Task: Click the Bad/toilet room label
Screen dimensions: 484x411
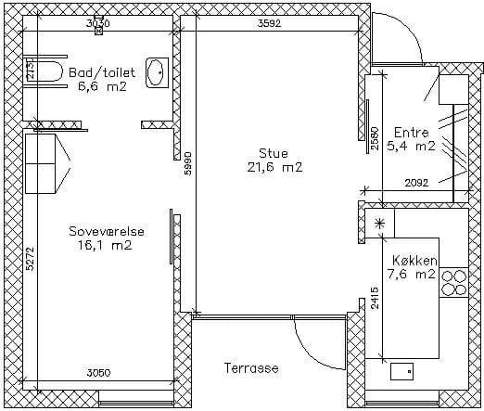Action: [x=102, y=72]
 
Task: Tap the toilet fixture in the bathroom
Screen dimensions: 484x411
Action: [x=45, y=71]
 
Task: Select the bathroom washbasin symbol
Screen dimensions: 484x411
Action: [x=157, y=72]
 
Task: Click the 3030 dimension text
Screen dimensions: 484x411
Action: [x=97, y=23]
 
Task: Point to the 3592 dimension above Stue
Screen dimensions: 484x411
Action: [x=270, y=23]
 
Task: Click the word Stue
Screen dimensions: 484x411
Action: [x=274, y=154]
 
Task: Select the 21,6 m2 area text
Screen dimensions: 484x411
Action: [x=274, y=167]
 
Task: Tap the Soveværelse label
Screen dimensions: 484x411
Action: [x=107, y=231]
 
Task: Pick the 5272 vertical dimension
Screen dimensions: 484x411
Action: [x=30, y=259]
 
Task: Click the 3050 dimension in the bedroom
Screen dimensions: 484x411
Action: [x=98, y=373]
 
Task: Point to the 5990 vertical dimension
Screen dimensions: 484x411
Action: [x=188, y=164]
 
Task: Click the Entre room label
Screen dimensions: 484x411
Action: [x=412, y=133]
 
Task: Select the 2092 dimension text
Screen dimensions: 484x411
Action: [x=417, y=183]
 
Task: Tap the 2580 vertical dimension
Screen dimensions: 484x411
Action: [x=375, y=138]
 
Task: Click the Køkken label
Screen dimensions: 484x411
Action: [x=414, y=261]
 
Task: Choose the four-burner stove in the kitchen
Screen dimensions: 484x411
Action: [x=453, y=282]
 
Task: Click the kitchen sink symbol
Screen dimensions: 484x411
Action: [x=401, y=371]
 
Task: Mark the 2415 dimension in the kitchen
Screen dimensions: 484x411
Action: [x=375, y=298]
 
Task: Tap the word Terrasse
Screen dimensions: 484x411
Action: [x=251, y=368]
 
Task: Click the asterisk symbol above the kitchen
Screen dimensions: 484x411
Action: [x=379, y=224]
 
